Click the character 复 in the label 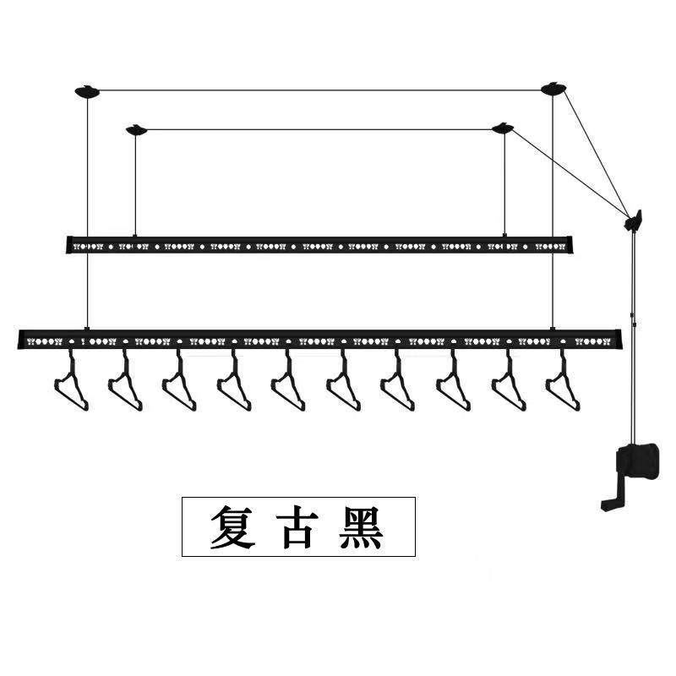pos(232,526)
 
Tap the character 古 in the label pos(297,526)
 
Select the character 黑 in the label pos(361,526)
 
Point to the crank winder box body pos(639,461)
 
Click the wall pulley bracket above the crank pos(634,221)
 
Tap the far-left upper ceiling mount pos(87,91)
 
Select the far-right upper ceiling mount pos(554,88)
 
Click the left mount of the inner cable pos(136,129)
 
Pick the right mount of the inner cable pos(503,128)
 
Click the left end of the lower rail pos(19,340)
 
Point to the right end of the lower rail pos(621,339)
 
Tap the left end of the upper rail pos(68,245)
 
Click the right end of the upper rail pos(571,244)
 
